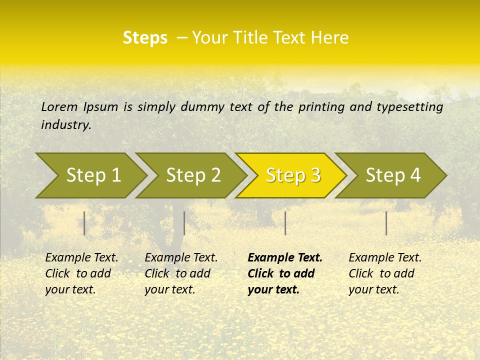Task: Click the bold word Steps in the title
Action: [x=145, y=38]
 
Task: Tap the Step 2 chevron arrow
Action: [x=193, y=175]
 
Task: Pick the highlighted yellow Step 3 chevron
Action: [x=293, y=175]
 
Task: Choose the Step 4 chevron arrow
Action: [x=393, y=175]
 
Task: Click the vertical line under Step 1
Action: [x=84, y=223]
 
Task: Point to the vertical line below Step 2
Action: [x=184, y=223]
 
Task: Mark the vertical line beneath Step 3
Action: [x=285, y=223]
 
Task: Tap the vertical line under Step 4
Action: [x=386, y=223]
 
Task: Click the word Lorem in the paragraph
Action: [x=59, y=106]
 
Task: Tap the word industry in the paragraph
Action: [x=66, y=125]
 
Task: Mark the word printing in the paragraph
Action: [x=321, y=107]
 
